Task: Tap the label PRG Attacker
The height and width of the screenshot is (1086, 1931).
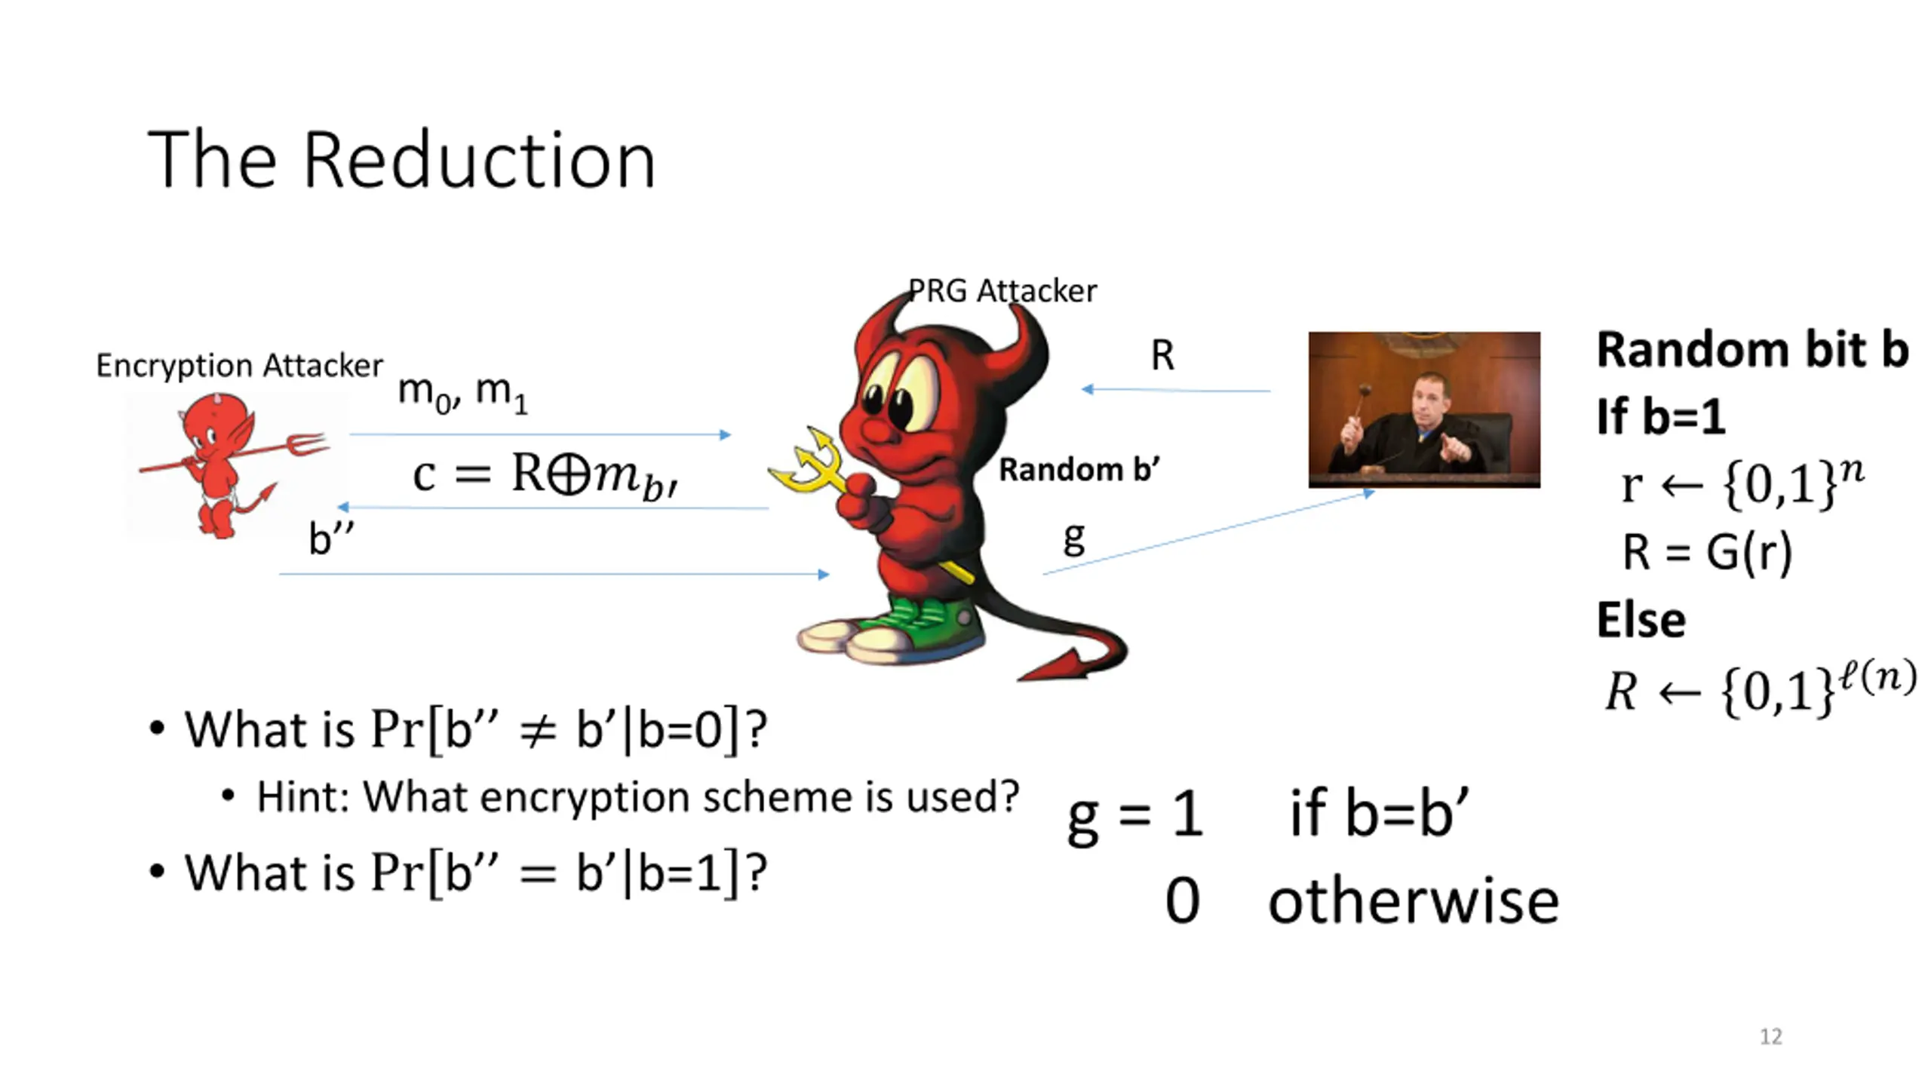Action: pos(1002,291)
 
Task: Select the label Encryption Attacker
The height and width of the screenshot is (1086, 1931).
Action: pos(239,366)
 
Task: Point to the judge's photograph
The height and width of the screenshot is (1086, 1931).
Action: pos(1423,410)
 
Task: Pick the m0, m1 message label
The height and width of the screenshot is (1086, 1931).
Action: pos(462,393)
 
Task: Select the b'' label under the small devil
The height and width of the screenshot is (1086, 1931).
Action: pos(330,538)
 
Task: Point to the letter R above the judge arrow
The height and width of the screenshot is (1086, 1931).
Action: pos(1162,355)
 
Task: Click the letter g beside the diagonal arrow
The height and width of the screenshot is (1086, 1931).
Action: pos(1074,538)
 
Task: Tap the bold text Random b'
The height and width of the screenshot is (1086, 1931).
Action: pos(1079,470)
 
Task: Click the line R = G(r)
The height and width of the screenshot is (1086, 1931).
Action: pos(1706,552)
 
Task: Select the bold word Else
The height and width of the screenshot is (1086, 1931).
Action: pos(1641,620)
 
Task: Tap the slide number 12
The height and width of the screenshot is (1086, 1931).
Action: pos(1770,1036)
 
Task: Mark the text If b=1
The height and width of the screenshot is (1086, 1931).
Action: pos(1660,416)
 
